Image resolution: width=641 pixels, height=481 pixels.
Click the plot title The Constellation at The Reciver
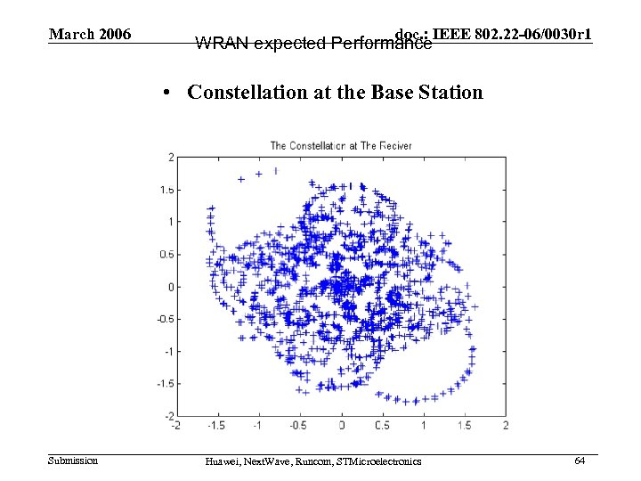click(341, 145)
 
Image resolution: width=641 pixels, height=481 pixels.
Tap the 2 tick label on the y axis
click(170, 158)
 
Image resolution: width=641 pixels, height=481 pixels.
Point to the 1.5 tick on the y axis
click(166, 190)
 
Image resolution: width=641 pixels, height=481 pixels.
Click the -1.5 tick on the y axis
click(165, 384)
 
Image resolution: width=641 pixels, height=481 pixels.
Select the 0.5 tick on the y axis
click(166, 255)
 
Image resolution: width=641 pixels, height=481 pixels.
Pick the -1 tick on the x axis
click(257, 427)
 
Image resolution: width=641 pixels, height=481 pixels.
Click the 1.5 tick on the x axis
click(465, 427)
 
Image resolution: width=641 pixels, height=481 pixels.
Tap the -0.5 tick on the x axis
click(298, 427)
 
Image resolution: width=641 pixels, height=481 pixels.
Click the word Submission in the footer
click(73, 461)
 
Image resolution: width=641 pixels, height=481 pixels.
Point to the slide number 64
click(580, 461)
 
